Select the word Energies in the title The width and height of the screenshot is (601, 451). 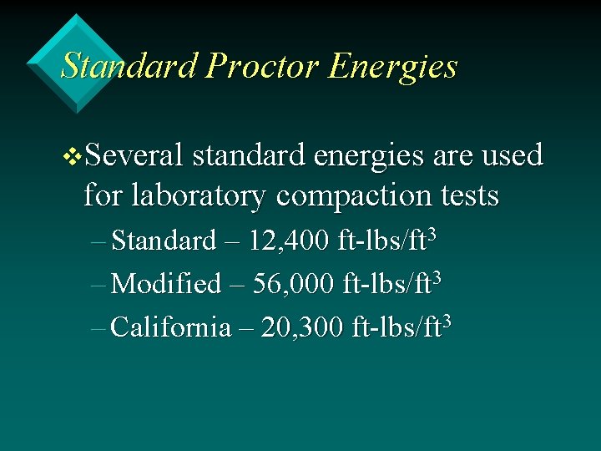click(x=392, y=67)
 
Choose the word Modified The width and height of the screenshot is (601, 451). click(x=165, y=284)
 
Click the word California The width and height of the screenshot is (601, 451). click(x=170, y=327)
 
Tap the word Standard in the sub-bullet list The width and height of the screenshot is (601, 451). click(x=163, y=241)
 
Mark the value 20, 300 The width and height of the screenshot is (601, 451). click(x=301, y=327)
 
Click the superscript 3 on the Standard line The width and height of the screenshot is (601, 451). click(x=432, y=234)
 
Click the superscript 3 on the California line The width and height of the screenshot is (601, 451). click(x=447, y=320)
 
